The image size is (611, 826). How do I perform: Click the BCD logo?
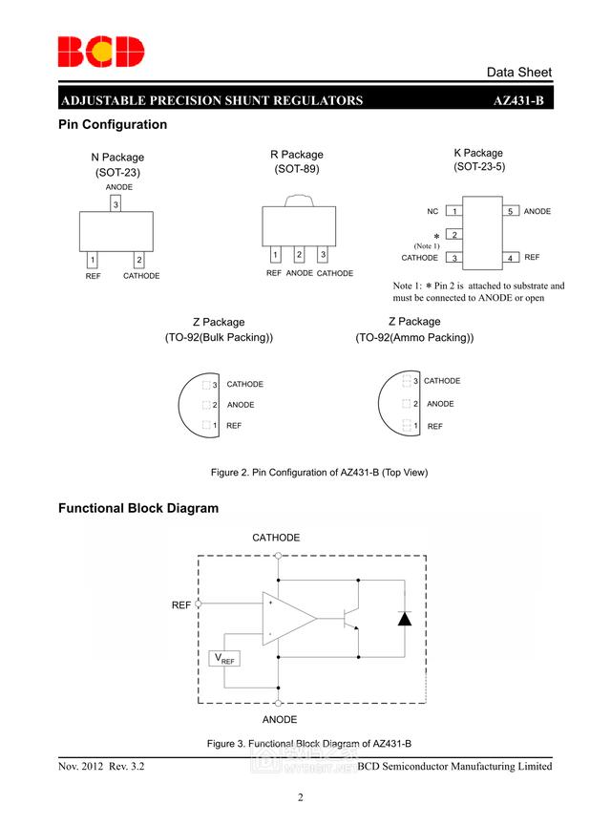pos(100,52)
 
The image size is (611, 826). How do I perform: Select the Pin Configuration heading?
pos(113,125)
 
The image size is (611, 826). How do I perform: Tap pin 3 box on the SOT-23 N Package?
pos(116,204)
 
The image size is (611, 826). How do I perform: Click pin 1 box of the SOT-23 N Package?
pos(92,260)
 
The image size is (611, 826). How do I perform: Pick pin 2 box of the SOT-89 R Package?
pos(299,254)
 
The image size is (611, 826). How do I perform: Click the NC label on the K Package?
pos(432,211)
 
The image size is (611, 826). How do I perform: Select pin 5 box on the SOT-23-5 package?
pos(511,211)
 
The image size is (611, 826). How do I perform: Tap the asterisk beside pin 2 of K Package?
pos(436,236)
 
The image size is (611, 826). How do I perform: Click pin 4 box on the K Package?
pos(511,258)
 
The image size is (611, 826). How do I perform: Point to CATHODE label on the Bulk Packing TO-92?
pos(244,384)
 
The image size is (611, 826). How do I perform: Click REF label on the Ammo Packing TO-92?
pos(434,426)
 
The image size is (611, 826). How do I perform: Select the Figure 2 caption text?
pos(319,473)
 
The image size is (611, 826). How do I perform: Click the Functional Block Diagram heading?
pos(138,508)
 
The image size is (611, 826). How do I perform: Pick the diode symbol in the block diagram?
pos(405,618)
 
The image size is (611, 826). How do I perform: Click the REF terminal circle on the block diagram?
pos(199,604)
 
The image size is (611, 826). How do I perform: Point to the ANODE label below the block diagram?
pos(279,719)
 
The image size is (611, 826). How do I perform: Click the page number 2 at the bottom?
pos(300,798)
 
